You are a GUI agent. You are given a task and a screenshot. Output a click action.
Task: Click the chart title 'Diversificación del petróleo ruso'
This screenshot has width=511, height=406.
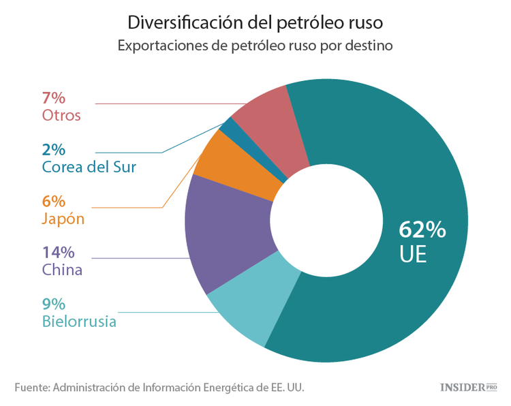(255, 22)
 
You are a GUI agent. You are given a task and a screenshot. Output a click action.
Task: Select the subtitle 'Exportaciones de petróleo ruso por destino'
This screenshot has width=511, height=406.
(255, 46)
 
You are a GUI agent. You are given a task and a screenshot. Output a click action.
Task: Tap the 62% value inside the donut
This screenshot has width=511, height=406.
(422, 230)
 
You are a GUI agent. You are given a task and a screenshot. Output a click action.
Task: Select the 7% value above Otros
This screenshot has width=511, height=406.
(53, 97)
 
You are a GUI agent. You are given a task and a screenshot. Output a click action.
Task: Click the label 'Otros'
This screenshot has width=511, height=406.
(61, 115)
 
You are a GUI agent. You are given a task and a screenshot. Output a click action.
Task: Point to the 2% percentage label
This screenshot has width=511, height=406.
(53, 149)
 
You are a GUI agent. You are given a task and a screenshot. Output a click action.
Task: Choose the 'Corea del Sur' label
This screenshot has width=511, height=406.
(89, 167)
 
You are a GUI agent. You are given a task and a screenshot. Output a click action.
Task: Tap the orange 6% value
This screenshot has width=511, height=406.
(53, 201)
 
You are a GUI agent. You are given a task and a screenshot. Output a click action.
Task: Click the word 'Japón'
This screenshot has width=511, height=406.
(63, 219)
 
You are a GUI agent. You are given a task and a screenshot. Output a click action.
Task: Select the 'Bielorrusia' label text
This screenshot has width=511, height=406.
(79, 322)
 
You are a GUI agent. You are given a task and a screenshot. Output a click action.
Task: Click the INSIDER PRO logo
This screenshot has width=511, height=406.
(468, 387)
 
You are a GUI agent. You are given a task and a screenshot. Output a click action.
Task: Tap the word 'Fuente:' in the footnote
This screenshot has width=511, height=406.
(31, 387)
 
